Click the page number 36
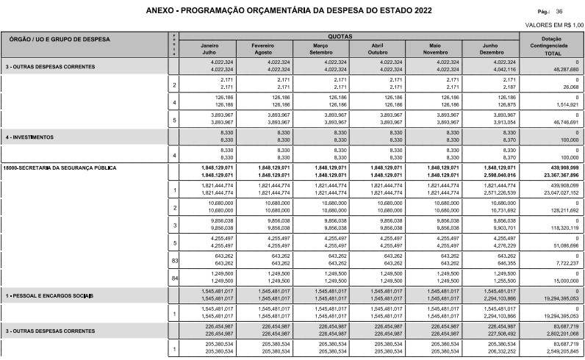coord(559,12)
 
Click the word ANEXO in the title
coord(162,12)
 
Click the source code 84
coord(174,277)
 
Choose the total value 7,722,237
coord(563,263)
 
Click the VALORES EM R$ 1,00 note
coord(549,24)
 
